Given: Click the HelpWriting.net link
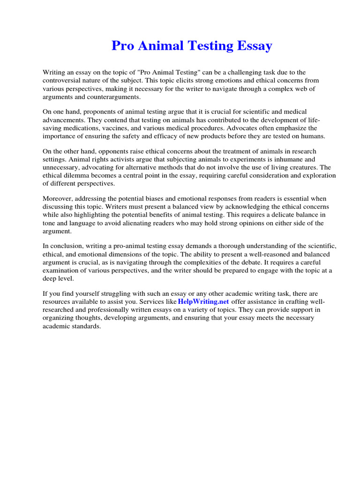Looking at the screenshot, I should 203,302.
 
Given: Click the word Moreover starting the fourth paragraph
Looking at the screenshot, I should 59,199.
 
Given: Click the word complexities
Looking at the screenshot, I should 220,262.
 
